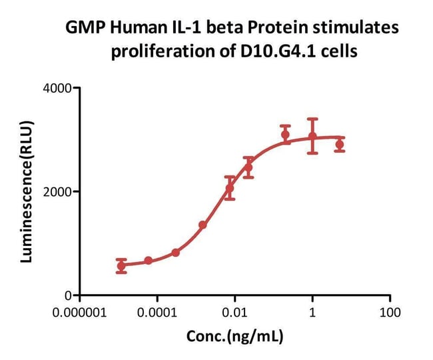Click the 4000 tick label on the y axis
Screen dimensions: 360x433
coord(61,88)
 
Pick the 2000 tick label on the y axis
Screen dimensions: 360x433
coord(61,191)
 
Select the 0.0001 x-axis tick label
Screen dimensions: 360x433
coord(157,311)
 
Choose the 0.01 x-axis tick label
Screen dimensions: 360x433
coord(234,311)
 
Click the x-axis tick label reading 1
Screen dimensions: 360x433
coord(312,311)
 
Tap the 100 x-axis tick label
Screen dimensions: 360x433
coord(390,311)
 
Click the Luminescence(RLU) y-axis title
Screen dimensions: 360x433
coord(27,191)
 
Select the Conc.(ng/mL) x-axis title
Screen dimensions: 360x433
coord(234,337)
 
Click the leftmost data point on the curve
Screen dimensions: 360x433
coord(121,265)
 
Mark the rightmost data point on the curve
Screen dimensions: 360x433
coord(339,145)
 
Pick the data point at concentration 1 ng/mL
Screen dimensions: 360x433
coord(312,137)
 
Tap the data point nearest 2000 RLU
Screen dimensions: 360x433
coord(230,188)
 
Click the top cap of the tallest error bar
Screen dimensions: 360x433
coord(312,119)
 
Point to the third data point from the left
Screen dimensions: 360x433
coord(175,253)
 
